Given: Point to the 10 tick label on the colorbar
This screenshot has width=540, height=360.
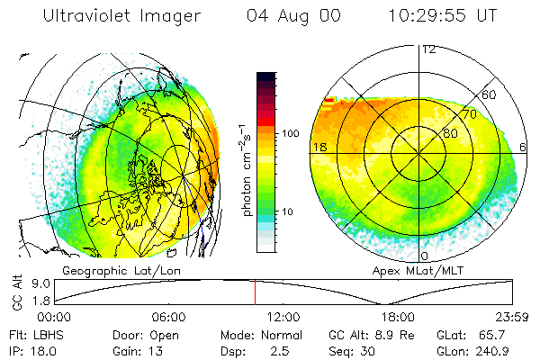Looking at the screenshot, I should (290, 211).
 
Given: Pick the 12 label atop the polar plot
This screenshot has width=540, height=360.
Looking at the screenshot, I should (428, 49).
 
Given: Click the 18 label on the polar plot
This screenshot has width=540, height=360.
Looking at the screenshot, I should (318, 147).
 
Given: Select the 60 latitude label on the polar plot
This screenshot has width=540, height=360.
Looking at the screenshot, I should (489, 94).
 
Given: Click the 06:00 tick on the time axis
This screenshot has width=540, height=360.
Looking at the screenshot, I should (168, 317).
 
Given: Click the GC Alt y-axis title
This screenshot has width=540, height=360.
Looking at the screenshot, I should (16, 292).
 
